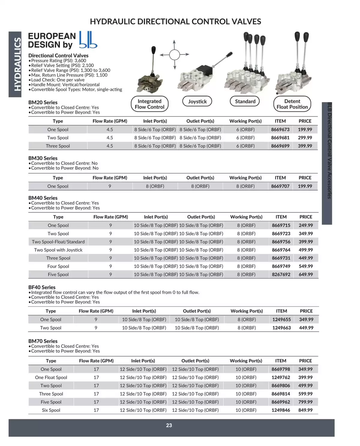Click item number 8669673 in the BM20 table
click(x=280, y=129)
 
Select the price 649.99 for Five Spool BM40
click(x=306, y=274)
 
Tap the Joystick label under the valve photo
click(x=197, y=101)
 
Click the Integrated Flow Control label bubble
click(x=149, y=104)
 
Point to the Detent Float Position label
click(x=292, y=104)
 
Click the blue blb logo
click(x=88, y=40)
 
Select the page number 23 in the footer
click(x=169, y=425)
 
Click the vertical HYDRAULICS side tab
click(x=15, y=64)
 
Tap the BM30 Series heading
click(x=43, y=158)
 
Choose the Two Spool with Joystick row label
click(x=58, y=250)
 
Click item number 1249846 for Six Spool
click(x=280, y=410)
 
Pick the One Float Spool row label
click(x=51, y=377)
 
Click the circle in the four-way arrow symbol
click(x=174, y=55)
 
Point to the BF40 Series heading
click(x=42, y=287)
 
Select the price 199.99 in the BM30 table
click(x=305, y=186)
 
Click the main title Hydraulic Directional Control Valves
click(x=175, y=22)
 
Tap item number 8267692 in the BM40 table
click(x=281, y=274)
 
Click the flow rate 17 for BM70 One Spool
click(x=96, y=369)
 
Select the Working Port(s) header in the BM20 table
click(x=245, y=121)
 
